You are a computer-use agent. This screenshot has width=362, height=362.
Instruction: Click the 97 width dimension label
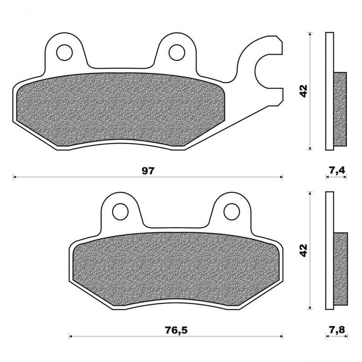[x=148, y=171]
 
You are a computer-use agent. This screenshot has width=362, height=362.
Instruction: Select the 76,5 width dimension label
[x=176, y=330]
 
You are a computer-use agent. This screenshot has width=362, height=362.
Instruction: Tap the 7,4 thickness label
[x=337, y=171]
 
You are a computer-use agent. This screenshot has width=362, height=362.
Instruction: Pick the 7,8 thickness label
[x=337, y=330]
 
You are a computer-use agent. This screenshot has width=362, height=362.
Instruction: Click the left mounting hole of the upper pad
[x=64, y=53]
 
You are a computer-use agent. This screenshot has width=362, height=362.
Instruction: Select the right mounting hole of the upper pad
[x=177, y=53]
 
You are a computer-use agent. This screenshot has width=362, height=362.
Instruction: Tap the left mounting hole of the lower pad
[x=120, y=212]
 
